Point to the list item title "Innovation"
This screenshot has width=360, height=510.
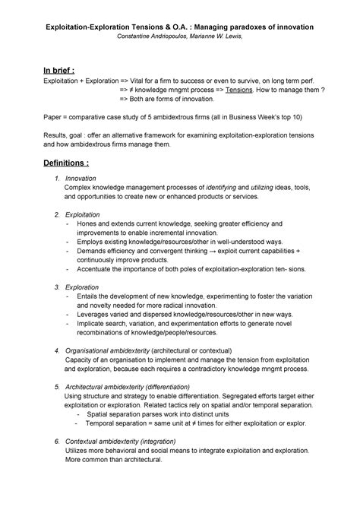(x=81, y=178)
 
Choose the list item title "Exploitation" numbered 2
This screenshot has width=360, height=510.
(x=83, y=214)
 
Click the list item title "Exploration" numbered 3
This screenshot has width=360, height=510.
(x=82, y=287)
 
